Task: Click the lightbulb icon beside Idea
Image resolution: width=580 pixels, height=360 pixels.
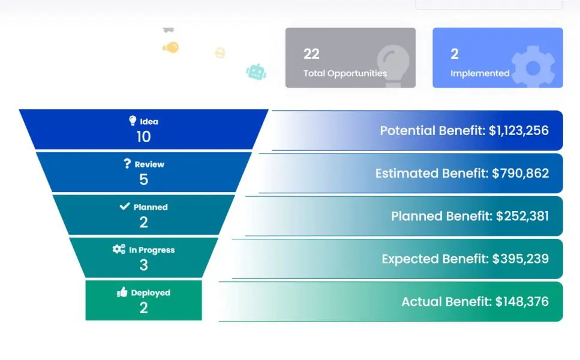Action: (133, 121)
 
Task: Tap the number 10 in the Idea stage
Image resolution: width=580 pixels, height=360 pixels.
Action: (143, 137)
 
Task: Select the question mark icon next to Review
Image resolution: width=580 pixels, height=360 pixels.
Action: (127, 164)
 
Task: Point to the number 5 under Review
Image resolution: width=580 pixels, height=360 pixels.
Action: (143, 179)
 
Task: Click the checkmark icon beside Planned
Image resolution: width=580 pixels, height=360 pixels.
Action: (125, 206)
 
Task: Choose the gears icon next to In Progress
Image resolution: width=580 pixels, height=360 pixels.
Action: (119, 249)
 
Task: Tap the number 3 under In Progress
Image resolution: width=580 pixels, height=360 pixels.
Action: (143, 265)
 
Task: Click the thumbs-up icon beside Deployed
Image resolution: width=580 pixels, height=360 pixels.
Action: (122, 292)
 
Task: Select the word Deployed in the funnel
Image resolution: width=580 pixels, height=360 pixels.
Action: (151, 293)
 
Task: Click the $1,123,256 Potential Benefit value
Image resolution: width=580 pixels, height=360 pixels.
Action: (519, 131)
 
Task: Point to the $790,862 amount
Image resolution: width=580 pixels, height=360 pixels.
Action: (520, 173)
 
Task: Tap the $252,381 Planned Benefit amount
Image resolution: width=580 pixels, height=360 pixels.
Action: (522, 216)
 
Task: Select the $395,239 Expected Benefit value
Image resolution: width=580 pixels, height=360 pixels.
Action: (521, 259)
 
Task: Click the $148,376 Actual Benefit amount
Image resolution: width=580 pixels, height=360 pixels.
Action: (522, 302)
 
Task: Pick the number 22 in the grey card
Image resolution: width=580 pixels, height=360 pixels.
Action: (311, 54)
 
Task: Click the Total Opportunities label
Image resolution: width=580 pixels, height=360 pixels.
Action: (345, 73)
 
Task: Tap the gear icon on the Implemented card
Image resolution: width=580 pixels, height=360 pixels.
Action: (533, 67)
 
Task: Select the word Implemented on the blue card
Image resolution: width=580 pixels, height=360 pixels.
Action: (480, 73)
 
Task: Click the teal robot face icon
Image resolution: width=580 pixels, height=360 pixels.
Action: (256, 72)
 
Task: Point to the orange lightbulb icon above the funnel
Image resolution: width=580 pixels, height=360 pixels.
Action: (170, 47)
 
